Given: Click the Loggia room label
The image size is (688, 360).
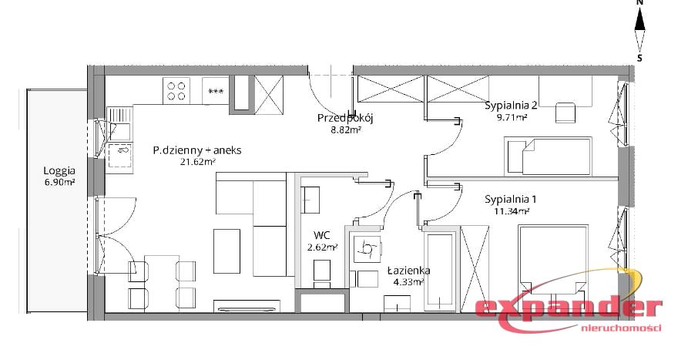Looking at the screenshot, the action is (59, 170).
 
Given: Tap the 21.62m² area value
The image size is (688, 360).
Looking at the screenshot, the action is (197, 162).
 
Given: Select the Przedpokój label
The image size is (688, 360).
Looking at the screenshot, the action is (345, 118).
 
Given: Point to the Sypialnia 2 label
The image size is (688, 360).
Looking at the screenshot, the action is (511, 106).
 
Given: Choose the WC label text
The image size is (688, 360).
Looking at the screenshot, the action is (322, 235).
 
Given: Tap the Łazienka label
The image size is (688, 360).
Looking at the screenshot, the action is (408, 271).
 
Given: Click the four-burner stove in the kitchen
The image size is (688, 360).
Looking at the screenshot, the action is (176, 91).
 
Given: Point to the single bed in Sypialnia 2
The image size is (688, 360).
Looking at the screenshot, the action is (548, 156).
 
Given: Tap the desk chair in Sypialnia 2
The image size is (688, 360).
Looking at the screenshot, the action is (566, 113).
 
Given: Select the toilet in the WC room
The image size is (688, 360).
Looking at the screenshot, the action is (322, 274).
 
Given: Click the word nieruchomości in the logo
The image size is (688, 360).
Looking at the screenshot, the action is (621, 328).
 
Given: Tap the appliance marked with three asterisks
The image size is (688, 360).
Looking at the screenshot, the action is (216, 91).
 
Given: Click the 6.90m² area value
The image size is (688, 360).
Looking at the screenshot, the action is (59, 183).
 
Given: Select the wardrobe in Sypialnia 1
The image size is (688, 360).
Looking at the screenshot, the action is (475, 268).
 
